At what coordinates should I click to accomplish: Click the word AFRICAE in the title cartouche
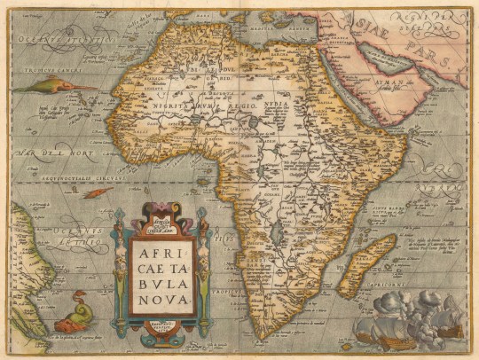click(x=161, y=251)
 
